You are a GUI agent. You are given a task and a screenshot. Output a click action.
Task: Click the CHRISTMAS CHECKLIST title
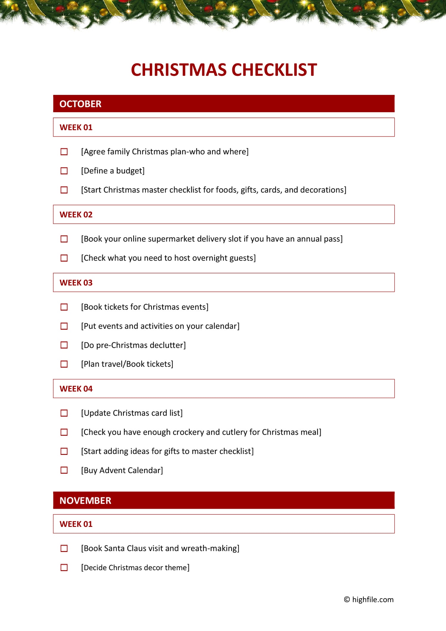click(x=224, y=70)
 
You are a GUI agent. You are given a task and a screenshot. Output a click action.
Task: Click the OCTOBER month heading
click(x=80, y=104)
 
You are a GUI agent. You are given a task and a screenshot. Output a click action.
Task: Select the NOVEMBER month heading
click(x=85, y=500)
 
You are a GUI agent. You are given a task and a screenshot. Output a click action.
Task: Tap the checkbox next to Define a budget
click(x=64, y=171)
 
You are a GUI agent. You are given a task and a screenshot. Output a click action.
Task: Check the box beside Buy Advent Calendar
click(x=64, y=470)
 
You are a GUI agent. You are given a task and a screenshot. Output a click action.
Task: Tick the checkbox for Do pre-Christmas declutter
click(x=64, y=345)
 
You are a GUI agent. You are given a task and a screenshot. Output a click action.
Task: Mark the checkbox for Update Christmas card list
click(x=64, y=413)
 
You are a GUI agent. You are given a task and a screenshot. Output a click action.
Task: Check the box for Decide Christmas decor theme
click(x=64, y=567)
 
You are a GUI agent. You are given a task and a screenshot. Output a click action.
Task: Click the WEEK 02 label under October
click(x=76, y=214)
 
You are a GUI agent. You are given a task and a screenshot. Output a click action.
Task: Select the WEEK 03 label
click(x=76, y=283)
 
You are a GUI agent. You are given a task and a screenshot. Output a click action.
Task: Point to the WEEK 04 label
click(x=76, y=389)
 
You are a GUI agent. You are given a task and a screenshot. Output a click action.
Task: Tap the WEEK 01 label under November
click(x=76, y=524)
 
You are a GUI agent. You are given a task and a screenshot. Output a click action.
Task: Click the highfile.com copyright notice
click(x=369, y=599)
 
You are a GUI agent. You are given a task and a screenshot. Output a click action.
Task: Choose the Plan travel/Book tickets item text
click(x=127, y=364)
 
